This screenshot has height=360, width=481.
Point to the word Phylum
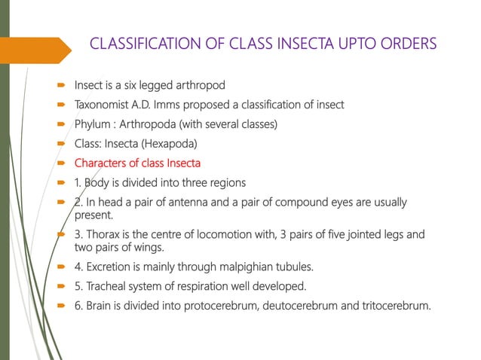pos(93,124)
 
